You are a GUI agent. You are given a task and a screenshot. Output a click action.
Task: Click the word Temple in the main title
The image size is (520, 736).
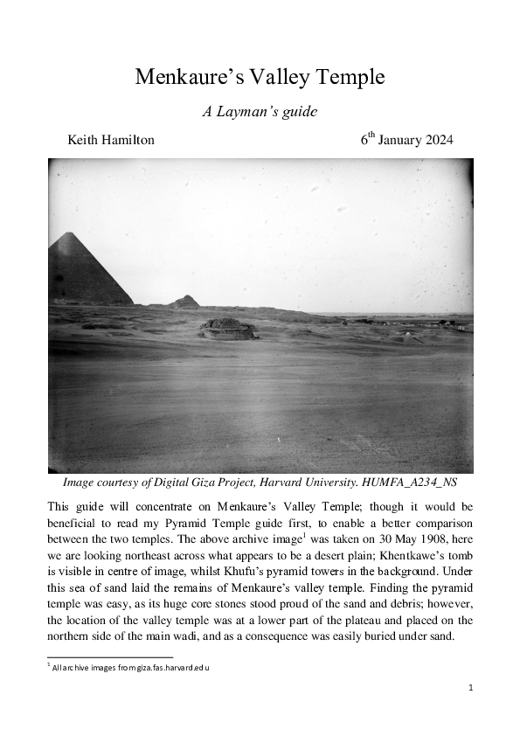click(x=350, y=77)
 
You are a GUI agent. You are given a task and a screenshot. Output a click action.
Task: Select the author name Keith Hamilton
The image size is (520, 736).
click(x=111, y=140)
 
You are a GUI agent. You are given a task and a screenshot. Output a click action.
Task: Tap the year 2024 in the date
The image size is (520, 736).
click(x=435, y=140)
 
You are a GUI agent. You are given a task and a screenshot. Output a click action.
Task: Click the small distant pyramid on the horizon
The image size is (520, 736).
click(x=184, y=302)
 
